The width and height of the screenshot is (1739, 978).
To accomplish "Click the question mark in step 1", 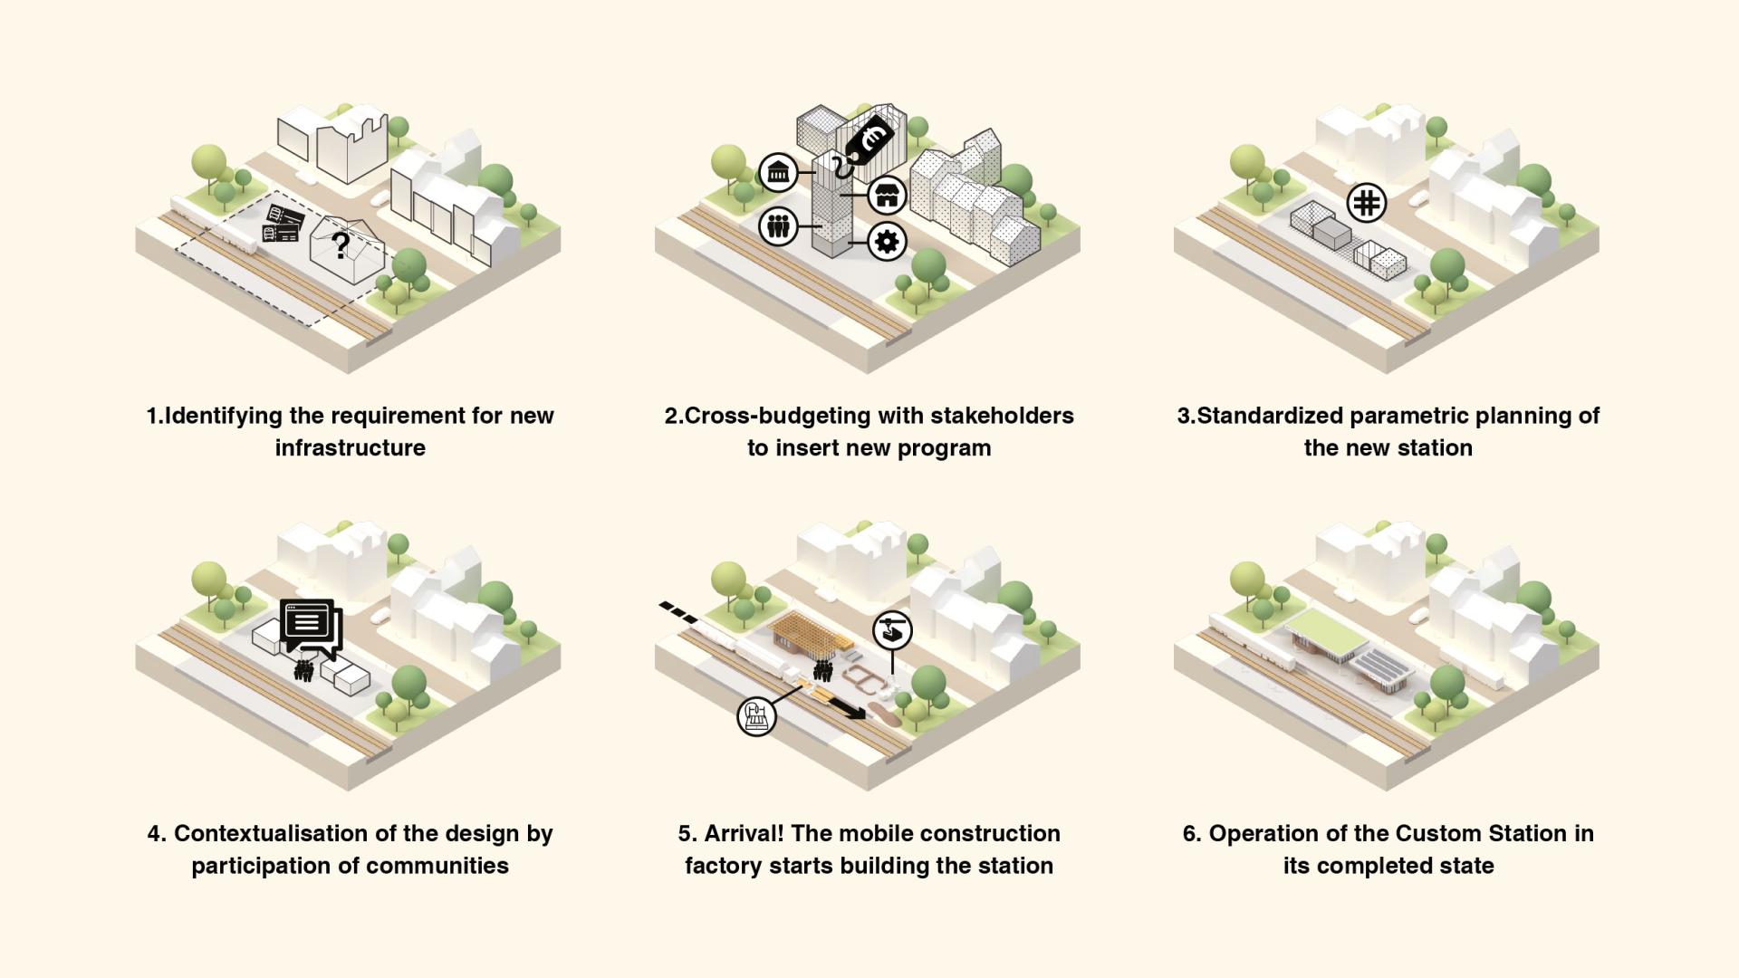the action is point(341,244).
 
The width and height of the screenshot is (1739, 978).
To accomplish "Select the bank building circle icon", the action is point(778,171).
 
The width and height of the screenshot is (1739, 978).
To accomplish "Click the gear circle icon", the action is point(887,241).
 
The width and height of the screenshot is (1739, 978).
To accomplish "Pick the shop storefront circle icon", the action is point(887,195).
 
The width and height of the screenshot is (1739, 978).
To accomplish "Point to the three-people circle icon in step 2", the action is point(778,225).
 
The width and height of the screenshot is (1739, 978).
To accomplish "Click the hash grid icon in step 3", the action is point(1367,202).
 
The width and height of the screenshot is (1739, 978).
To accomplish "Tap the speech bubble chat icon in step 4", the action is point(311,627).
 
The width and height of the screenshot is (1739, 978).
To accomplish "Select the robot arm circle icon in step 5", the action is point(892,629).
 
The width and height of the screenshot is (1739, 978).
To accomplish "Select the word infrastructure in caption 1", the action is point(351,447).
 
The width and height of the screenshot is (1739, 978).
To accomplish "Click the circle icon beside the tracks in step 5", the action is point(757,716).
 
